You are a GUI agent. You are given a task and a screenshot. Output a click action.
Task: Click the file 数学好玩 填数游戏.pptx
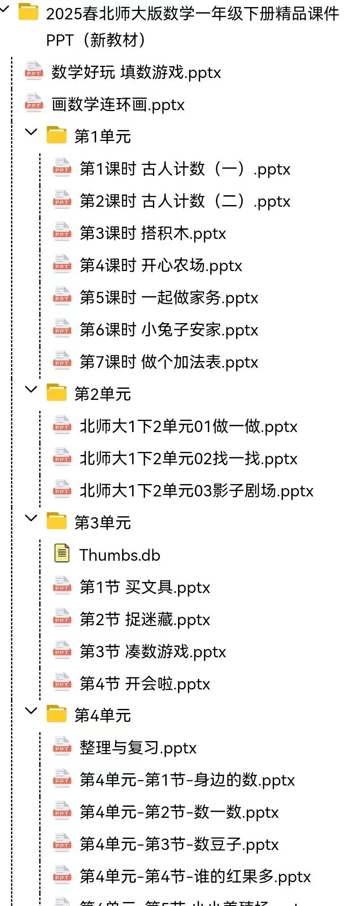(136, 72)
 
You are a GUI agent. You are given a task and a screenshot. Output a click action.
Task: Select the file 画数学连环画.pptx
(118, 104)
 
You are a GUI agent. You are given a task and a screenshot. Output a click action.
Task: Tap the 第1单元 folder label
(102, 136)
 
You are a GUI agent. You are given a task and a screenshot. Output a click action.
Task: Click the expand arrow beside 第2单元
(31, 389)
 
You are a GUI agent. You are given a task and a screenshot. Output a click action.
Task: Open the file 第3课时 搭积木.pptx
(152, 233)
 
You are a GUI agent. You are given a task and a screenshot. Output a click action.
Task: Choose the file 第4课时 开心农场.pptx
(160, 265)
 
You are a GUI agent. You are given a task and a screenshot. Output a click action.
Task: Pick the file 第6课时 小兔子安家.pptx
(168, 330)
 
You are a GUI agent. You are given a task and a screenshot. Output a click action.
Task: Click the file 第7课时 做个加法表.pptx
(168, 362)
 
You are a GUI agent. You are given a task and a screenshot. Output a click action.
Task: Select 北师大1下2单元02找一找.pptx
(188, 459)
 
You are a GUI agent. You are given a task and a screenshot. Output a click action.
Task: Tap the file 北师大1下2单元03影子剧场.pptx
(196, 491)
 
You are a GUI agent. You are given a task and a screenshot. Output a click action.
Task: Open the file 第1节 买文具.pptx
(145, 587)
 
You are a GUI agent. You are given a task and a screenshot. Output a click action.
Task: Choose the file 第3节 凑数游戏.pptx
(152, 652)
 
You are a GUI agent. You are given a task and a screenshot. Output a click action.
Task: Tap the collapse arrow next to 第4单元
(31, 710)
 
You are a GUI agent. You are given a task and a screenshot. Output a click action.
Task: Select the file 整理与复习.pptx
(137, 748)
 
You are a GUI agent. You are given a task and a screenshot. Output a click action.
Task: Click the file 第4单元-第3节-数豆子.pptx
(179, 844)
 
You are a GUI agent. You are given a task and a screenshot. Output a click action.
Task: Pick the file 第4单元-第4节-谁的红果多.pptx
(195, 876)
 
